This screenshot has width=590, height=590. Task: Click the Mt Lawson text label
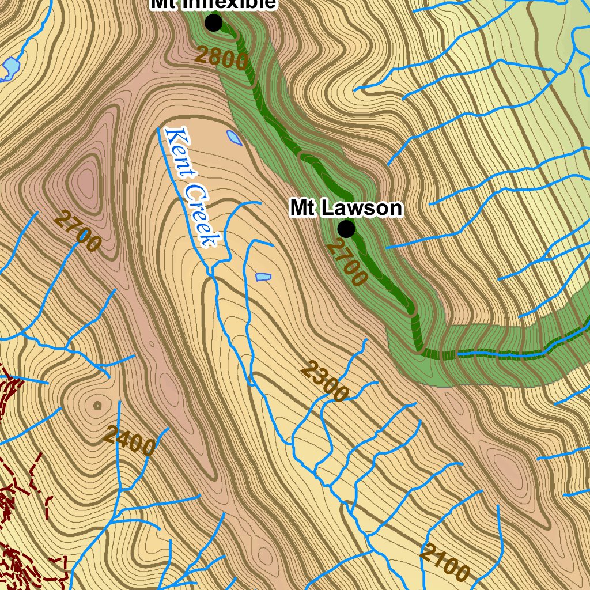pyautogui.click(x=346, y=208)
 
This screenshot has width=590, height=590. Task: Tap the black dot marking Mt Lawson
pyautogui.click(x=346, y=229)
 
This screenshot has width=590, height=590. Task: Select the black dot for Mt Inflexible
pyautogui.click(x=214, y=23)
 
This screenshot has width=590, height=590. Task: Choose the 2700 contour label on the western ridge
pyautogui.click(x=77, y=232)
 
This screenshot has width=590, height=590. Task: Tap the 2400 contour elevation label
pyautogui.click(x=130, y=440)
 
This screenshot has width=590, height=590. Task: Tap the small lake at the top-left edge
pyautogui.click(x=10, y=68)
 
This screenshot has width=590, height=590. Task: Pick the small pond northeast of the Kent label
pyautogui.click(x=235, y=137)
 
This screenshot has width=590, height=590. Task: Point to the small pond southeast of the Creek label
pyautogui.click(x=263, y=277)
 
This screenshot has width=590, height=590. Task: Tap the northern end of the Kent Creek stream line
pyautogui.click(x=160, y=130)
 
